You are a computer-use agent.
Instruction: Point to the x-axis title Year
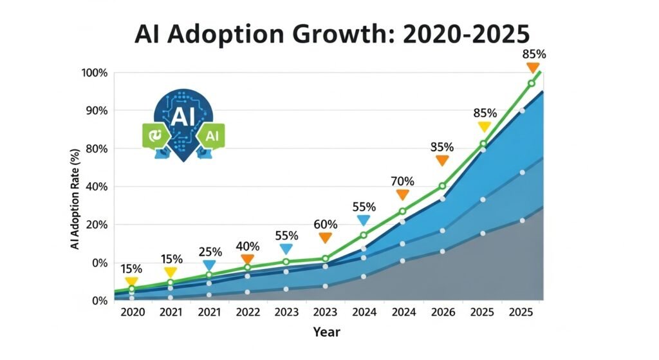[326, 332]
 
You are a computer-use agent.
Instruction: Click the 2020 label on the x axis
[132, 312]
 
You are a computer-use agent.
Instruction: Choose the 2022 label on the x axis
[248, 312]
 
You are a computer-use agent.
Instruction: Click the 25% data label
[210, 252]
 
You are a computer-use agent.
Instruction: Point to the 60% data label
[325, 225]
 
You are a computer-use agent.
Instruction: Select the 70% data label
[403, 182]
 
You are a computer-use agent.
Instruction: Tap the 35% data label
[442, 147]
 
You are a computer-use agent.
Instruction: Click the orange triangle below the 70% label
[403, 194]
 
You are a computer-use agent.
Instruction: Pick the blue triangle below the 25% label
[210, 265]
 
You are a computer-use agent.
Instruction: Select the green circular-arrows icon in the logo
[154, 135]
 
